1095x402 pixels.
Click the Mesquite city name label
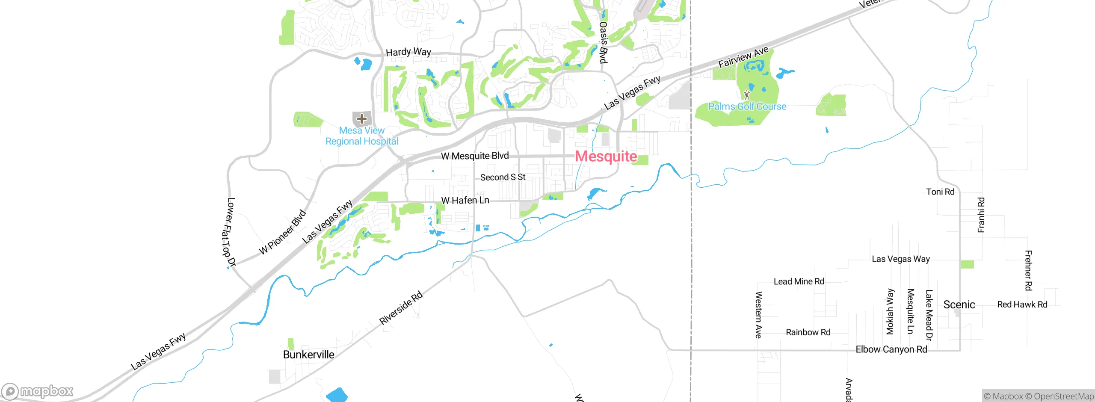point(606,157)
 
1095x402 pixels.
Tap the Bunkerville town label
point(308,355)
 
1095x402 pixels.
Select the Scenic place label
point(959,305)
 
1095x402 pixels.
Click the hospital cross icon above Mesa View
point(362,118)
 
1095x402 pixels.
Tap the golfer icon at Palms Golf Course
point(747,95)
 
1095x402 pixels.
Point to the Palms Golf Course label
point(747,106)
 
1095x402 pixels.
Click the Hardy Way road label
point(408,52)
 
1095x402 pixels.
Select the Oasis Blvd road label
point(603,42)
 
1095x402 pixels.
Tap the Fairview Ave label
point(743,57)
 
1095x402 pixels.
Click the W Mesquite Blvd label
point(475,156)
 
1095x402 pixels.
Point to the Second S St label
point(503,177)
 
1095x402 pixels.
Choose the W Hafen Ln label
point(465,200)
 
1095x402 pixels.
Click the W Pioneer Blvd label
point(283,232)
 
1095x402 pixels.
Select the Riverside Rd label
point(401,308)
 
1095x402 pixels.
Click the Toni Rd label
point(940,192)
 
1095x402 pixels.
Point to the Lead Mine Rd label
point(799,281)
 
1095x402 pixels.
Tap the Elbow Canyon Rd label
point(891,349)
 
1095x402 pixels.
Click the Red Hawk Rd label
point(1022,304)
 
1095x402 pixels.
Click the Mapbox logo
point(38,391)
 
